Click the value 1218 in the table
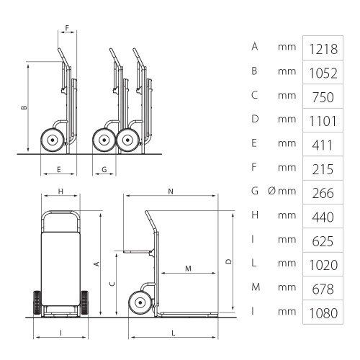click(x=323, y=49)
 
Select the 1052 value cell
click(x=323, y=73)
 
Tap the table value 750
click(x=323, y=97)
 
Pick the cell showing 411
click(x=323, y=145)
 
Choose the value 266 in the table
click(x=323, y=193)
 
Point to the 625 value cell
click(x=323, y=241)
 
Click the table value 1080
click(x=323, y=313)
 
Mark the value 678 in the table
click(x=323, y=289)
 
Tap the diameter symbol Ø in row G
click(x=271, y=191)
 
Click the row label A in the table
click(x=255, y=46)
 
